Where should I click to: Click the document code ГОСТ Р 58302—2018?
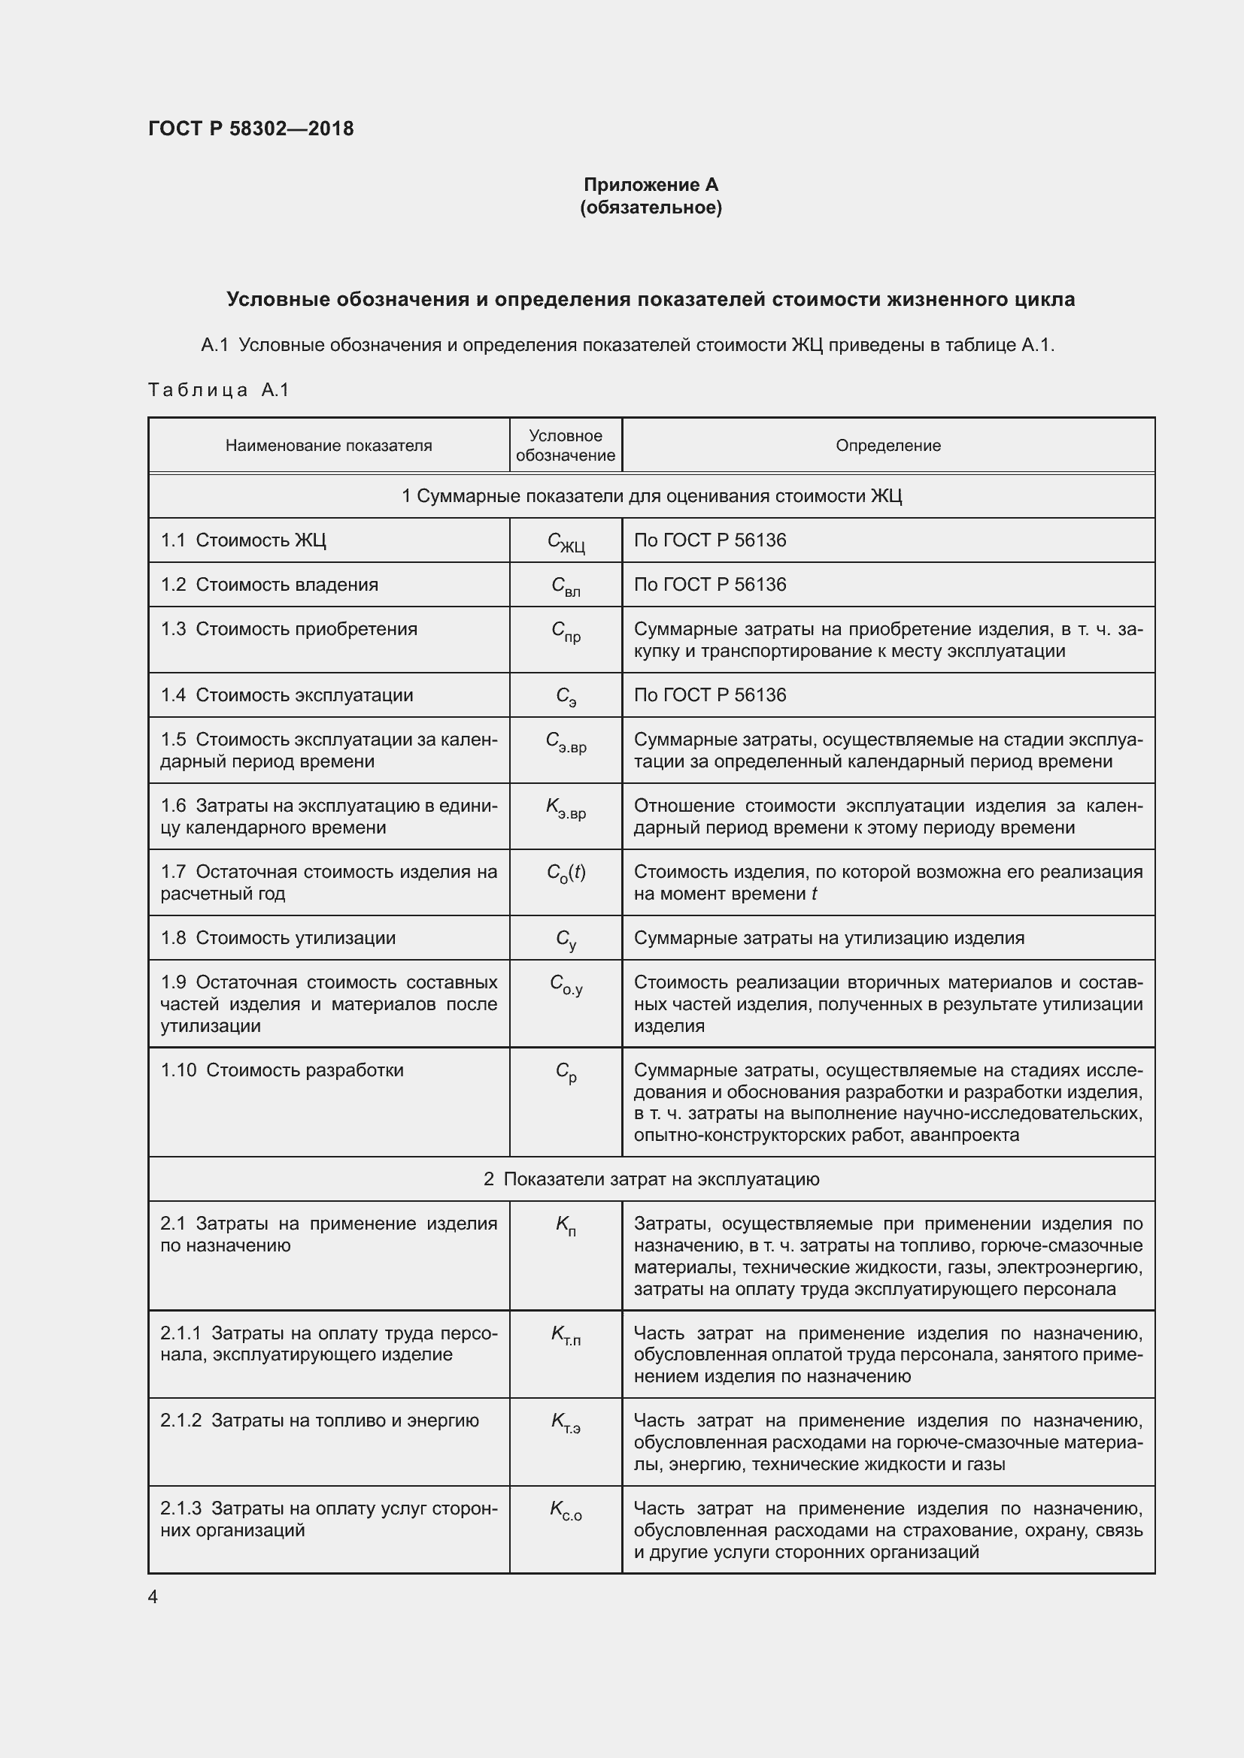[250, 129]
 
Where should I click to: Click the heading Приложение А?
[651, 185]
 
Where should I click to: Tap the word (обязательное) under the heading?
[651, 207]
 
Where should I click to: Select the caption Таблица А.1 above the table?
[218, 391]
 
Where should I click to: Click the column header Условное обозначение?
[566, 446]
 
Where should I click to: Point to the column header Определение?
[887, 446]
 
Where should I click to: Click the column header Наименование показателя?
[329, 446]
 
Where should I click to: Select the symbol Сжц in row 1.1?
[566, 542]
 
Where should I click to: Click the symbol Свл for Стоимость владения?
[566, 586]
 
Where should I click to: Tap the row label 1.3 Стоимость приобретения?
[289, 629]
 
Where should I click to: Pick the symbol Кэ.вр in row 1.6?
[566, 808]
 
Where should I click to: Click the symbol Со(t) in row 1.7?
[566, 873]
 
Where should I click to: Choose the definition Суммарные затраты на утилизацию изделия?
[829, 938]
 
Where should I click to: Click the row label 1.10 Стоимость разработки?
[282, 1070]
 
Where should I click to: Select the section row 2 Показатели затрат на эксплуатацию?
[651, 1179]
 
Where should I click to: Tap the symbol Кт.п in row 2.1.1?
[566, 1336]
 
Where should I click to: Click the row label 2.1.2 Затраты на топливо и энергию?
[320, 1421]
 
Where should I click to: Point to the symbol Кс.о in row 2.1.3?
[566, 1510]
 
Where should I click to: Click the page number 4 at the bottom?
[153, 1597]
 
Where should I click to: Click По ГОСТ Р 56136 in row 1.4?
[709, 695]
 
